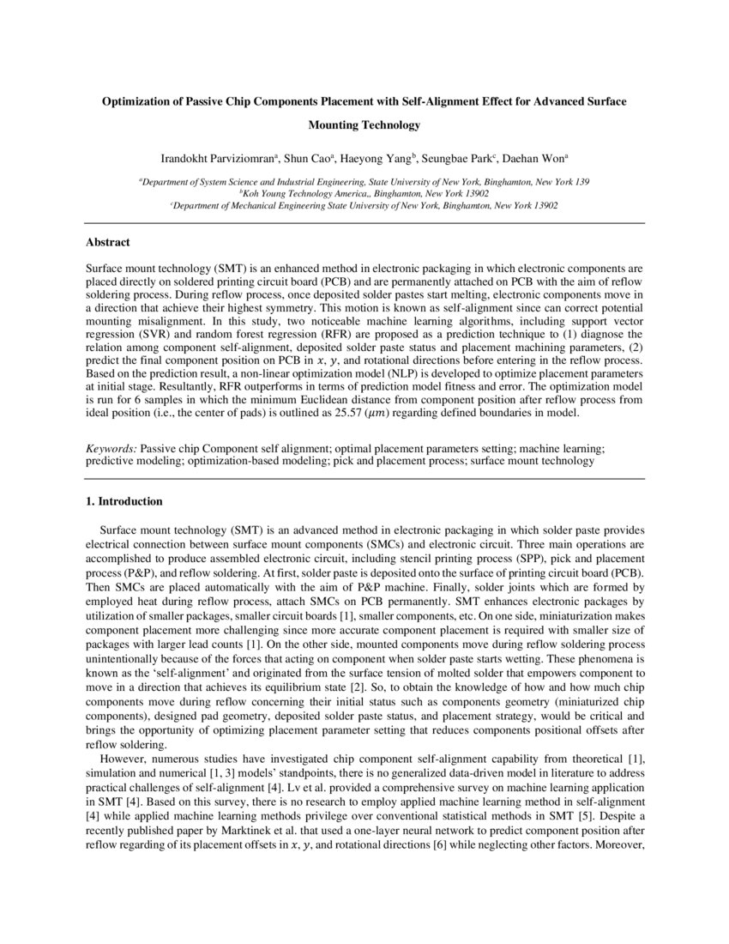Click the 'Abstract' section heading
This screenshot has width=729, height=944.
108,243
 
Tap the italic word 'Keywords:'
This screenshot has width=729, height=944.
111,449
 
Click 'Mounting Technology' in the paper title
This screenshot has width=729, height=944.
364,125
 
